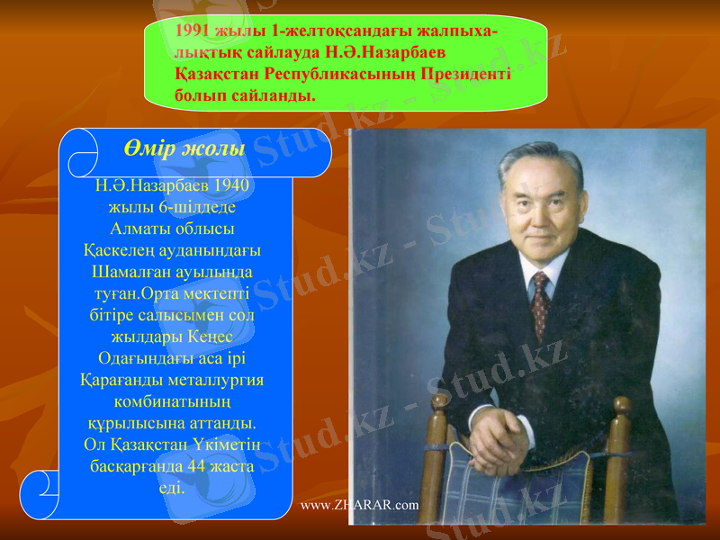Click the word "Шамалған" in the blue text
[127, 270]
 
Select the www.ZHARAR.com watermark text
[359, 505]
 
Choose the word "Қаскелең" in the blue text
[116, 249]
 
